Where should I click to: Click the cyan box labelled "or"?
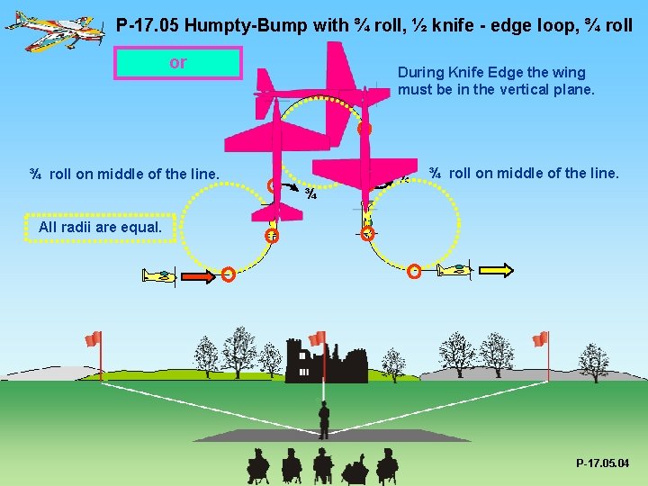[178, 63]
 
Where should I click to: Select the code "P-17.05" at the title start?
[147, 24]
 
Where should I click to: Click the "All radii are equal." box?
[100, 227]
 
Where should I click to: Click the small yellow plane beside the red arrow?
[159, 274]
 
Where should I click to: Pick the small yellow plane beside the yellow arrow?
[454, 268]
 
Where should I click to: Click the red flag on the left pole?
[93, 338]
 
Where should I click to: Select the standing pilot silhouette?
[324, 419]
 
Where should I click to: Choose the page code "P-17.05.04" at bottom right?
[603, 463]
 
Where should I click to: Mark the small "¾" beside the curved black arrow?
[310, 193]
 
